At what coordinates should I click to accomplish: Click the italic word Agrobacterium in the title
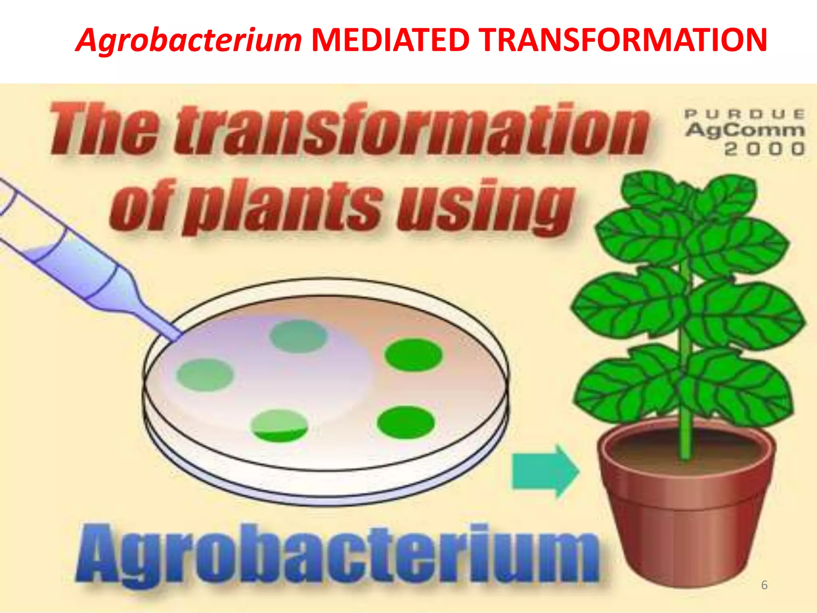point(188,41)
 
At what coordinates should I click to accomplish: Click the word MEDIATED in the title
point(390,40)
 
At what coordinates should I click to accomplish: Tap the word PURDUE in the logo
point(744,115)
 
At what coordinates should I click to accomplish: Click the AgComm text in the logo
point(744,131)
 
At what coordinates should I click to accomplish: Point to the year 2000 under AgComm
point(764,149)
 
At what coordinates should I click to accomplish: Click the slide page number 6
point(764,585)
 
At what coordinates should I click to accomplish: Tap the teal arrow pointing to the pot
point(544,471)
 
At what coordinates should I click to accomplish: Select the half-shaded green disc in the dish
point(280,426)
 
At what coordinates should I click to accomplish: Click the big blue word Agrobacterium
point(337,554)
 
